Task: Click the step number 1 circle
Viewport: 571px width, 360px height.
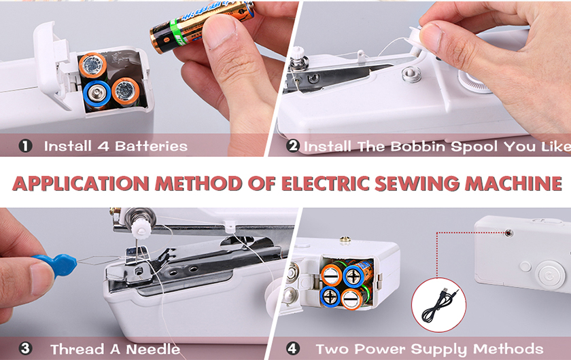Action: click(x=25, y=146)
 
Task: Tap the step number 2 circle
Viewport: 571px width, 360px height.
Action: click(x=293, y=145)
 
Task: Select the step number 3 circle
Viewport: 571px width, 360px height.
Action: click(x=24, y=348)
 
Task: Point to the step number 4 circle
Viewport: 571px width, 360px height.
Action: click(x=293, y=348)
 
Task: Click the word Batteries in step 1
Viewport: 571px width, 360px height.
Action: click(x=151, y=146)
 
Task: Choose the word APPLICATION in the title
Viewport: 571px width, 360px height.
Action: click(x=81, y=183)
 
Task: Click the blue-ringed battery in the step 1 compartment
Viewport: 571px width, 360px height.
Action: click(x=97, y=94)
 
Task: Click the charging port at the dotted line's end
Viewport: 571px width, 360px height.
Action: click(x=508, y=232)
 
